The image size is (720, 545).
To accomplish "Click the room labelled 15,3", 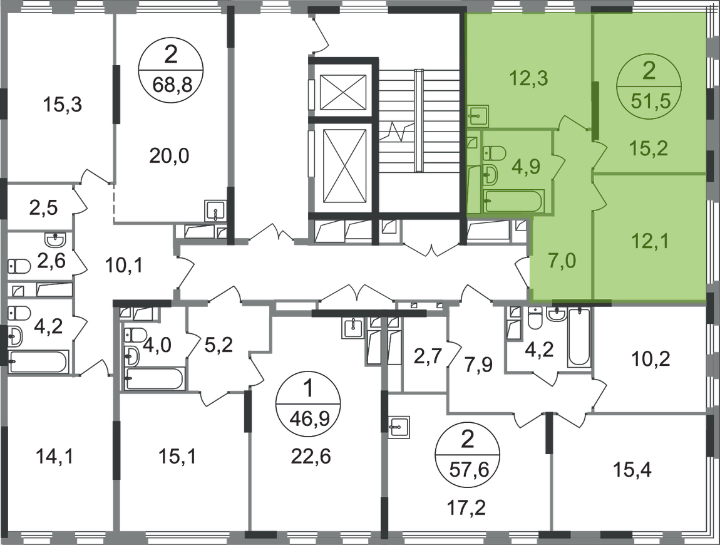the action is tap(63, 105).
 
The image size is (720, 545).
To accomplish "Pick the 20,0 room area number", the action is tap(169, 156).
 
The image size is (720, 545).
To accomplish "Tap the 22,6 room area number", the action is tap(311, 457).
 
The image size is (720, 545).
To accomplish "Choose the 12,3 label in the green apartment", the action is tap(528, 78).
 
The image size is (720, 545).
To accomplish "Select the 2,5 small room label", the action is tap(43, 207).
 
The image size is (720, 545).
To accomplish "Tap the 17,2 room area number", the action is tap(466, 507).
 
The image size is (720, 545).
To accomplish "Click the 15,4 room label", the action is tap(632, 470).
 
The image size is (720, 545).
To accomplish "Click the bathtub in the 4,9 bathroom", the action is tap(514, 201).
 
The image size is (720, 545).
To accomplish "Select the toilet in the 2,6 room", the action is tap(19, 266).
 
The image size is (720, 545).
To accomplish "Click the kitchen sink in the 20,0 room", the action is tap(215, 212).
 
